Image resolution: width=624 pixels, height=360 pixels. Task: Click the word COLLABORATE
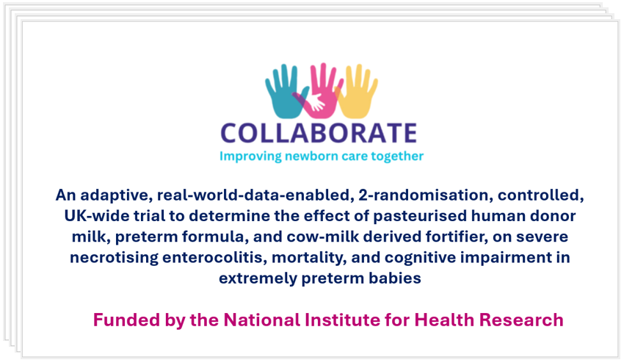[x=319, y=133]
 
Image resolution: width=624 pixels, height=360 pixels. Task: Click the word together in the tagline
[x=397, y=156]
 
